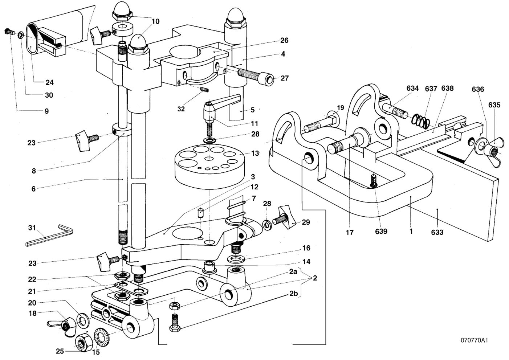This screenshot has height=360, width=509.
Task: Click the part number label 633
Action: click(x=437, y=232)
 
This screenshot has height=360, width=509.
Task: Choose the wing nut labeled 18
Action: click(x=63, y=327)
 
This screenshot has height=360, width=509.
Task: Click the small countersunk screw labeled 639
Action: click(x=373, y=181)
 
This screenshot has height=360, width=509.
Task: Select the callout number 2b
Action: click(x=294, y=294)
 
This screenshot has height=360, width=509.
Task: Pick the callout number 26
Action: click(x=284, y=40)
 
